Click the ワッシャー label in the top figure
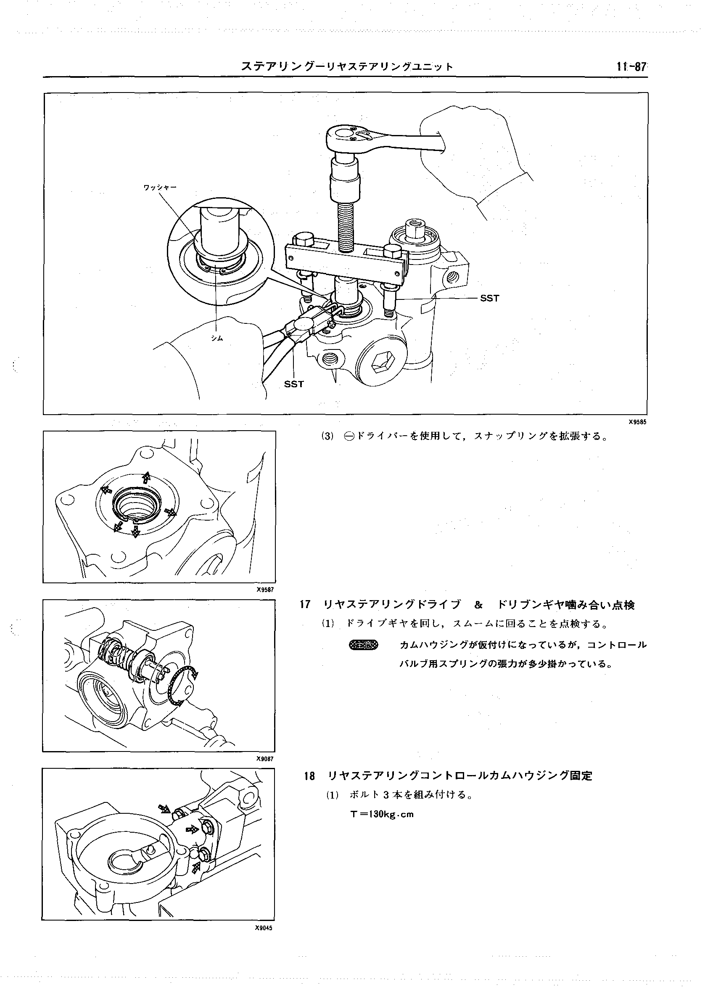(160, 187)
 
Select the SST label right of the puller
(489, 299)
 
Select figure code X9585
(637, 422)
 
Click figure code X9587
(264, 590)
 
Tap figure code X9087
(264, 759)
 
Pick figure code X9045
(264, 928)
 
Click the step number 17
(305, 605)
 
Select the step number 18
(309, 775)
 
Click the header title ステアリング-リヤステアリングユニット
(347, 66)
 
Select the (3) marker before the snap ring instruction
(327, 436)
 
